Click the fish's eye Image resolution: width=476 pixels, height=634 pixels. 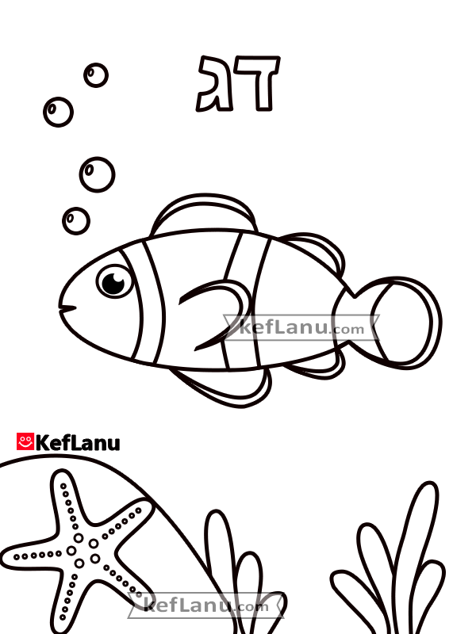(114, 281)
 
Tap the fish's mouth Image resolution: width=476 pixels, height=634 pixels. (67, 308)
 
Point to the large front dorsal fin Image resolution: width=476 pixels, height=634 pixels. (205, 215)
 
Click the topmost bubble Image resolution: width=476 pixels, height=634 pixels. (96, 75)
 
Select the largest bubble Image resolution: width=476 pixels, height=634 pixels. (97, 174)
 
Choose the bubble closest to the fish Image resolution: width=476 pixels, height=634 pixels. (76, 221)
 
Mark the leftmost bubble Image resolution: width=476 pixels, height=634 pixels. (58, 112)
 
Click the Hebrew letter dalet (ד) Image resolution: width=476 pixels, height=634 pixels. (258, 83)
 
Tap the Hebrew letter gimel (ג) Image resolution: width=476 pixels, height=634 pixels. (214, 84)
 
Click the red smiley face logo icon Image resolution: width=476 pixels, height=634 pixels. (25, 441)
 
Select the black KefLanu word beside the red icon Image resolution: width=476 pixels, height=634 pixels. (78, 442)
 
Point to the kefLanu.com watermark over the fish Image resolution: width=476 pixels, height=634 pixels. (301, 327)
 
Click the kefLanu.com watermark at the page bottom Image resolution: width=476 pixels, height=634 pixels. (206, 605)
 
